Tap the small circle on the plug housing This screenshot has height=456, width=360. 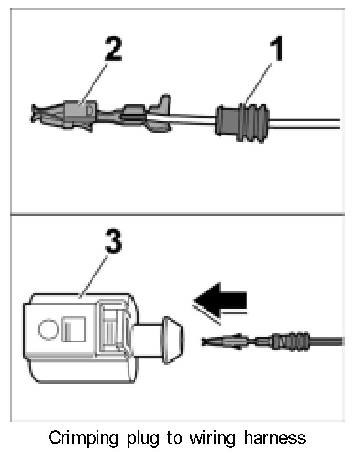click(x=47, y=329)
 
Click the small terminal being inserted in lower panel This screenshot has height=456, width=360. click(x=228, y=342)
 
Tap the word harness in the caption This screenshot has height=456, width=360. click(x=278, y=439)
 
